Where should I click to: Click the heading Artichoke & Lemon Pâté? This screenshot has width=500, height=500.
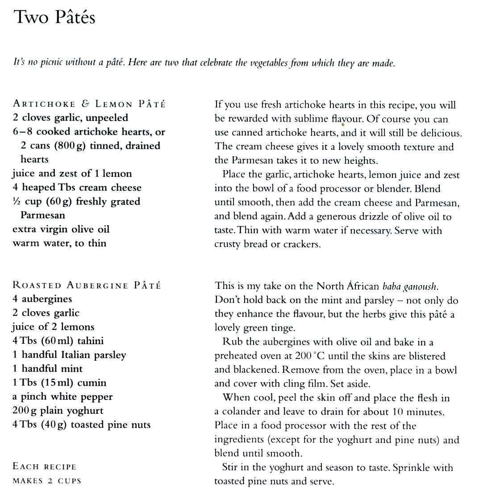(x=89, y=104)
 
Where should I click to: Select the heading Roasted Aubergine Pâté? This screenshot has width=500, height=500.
(x=87, y=285)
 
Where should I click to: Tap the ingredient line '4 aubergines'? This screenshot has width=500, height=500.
(x=42, y=299)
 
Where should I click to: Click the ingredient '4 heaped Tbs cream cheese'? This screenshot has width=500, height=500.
(x=77, y=187)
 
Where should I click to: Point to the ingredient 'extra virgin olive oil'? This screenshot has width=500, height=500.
(x=61, y=229)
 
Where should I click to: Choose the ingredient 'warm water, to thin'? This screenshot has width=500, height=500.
(x=59, y=243)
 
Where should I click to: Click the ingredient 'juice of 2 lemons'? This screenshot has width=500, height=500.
(x=53, y=327)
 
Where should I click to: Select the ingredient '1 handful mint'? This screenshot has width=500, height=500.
(x=47, y=369)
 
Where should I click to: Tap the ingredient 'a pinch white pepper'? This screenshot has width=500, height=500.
(x=62, y=396)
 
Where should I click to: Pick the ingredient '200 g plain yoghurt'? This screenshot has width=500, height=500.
(x=58, y=411)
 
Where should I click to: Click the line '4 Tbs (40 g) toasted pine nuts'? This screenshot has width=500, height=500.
(x=81, y=425)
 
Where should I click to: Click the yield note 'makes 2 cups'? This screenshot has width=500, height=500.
(x=47, y=481)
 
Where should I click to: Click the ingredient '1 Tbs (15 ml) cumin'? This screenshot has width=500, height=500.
(x=59, y=383)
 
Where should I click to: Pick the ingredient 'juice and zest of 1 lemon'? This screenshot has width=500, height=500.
(x=72, y=174)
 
